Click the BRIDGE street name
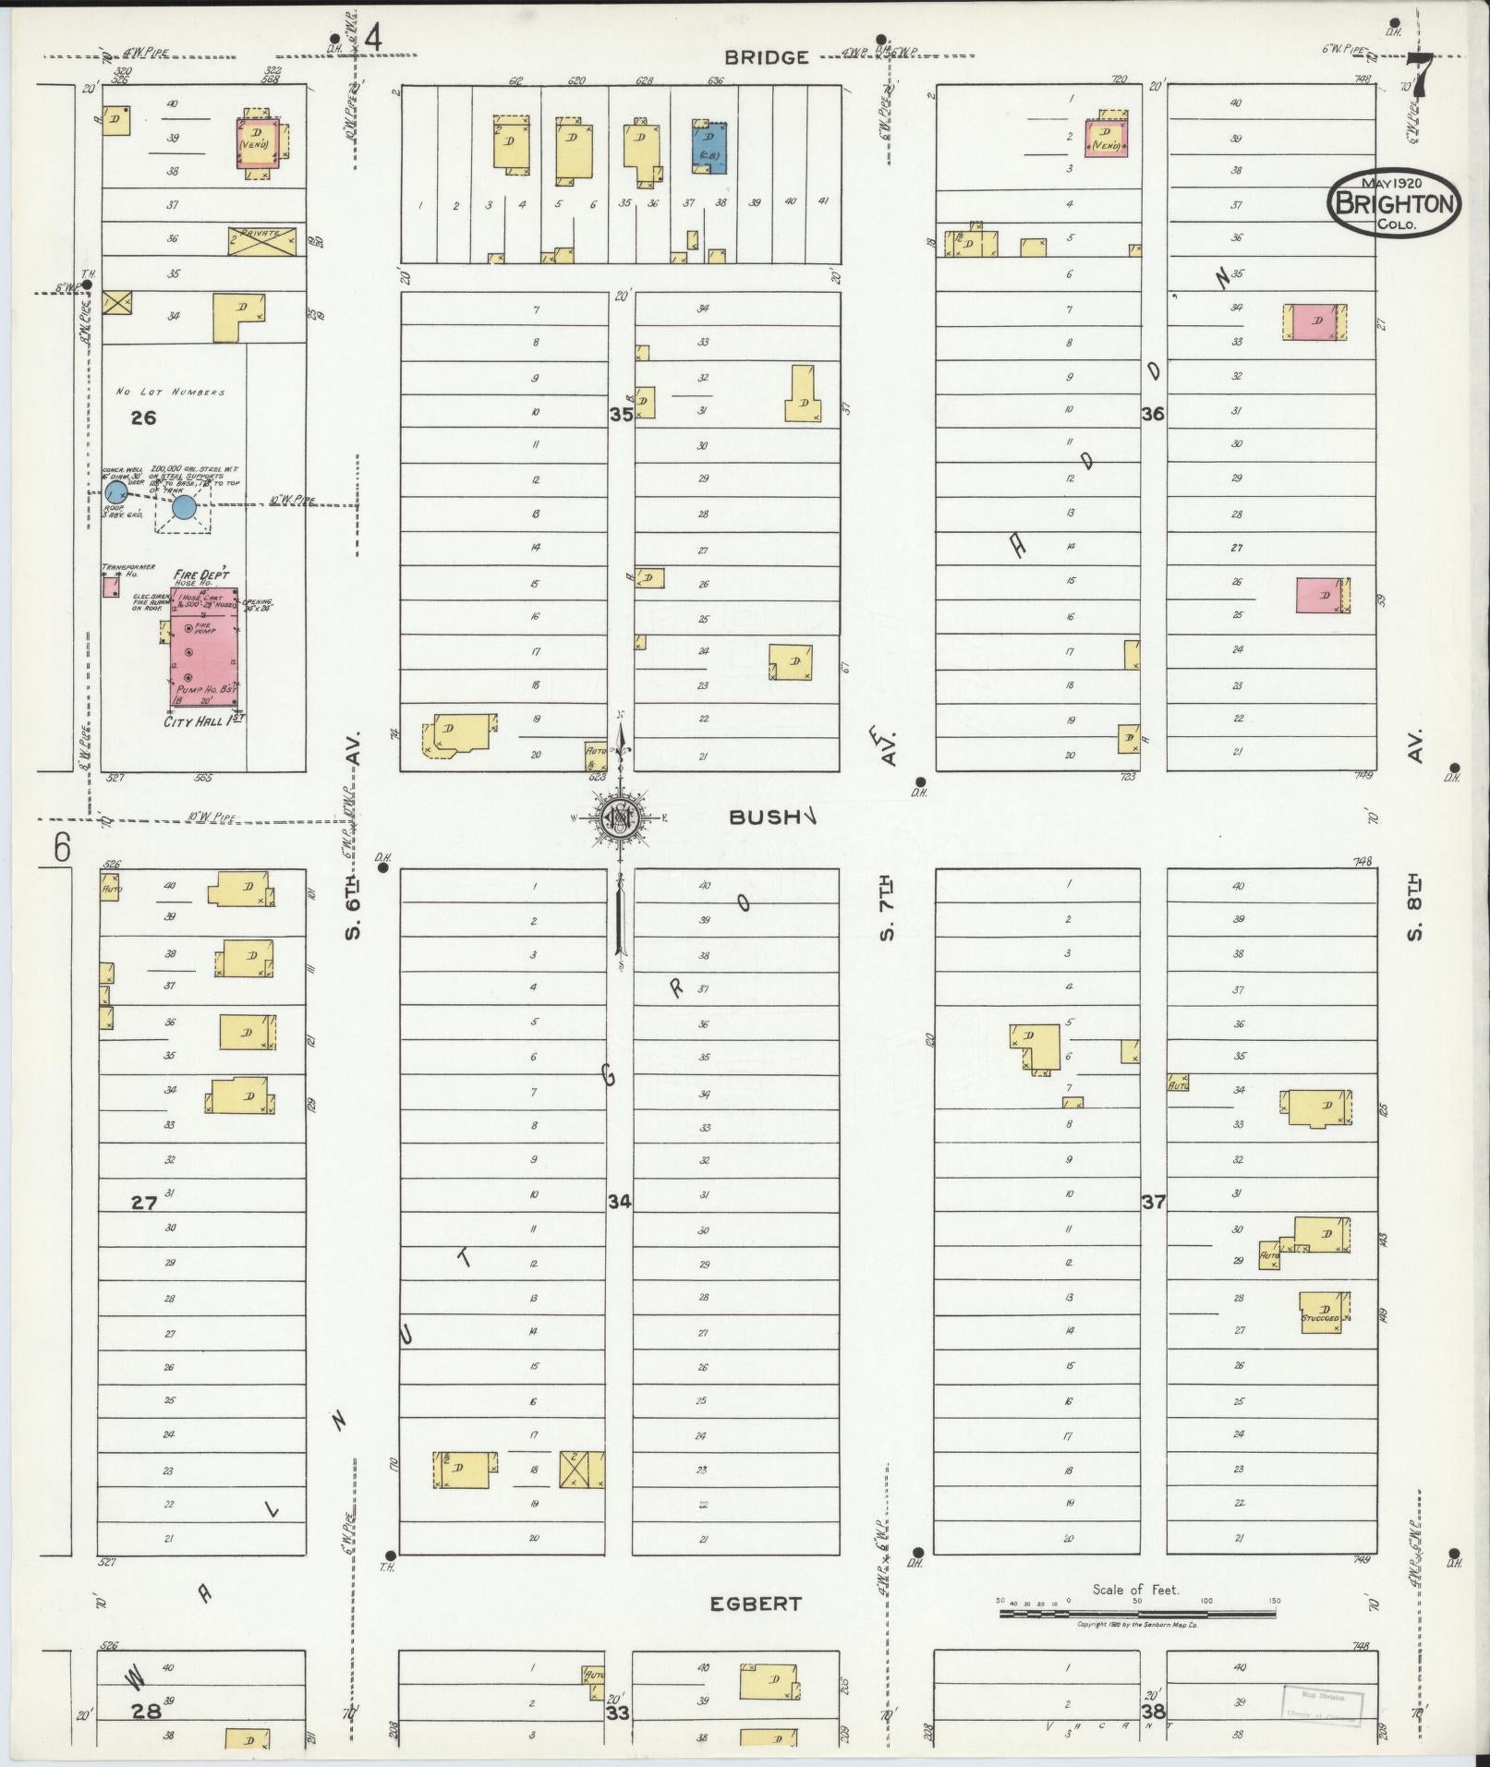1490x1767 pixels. (766, 57)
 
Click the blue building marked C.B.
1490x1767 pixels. (709, 148)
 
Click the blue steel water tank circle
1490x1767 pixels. (184, 506)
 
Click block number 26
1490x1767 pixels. (143, 418)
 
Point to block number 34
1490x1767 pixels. (619, 1202)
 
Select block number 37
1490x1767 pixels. (1153, 1202)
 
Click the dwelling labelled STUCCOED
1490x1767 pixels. (1325, 1312)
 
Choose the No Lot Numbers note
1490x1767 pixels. (170, 392)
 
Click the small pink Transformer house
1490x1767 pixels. (111, 586)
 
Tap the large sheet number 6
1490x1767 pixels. (61, 848)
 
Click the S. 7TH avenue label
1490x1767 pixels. (888, 911)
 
